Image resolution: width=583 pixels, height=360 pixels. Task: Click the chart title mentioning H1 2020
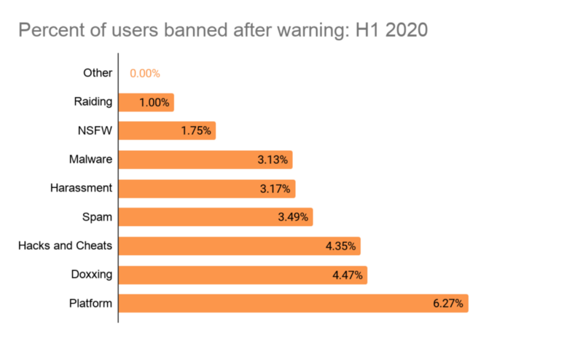[x=222, y=31]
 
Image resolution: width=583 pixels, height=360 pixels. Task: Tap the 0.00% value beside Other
[x=145, y=74]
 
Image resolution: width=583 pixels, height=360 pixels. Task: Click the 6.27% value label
[x=447, y=303]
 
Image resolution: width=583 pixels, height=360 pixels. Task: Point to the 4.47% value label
[x=346, y=275]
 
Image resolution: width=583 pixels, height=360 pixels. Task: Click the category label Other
[x=98, y=73]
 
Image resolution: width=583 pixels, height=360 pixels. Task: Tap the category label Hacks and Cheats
[x=65, y=246]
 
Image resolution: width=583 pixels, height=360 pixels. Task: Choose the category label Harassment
[x=81, y=188]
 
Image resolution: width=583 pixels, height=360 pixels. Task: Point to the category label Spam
[x=98, y=217]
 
